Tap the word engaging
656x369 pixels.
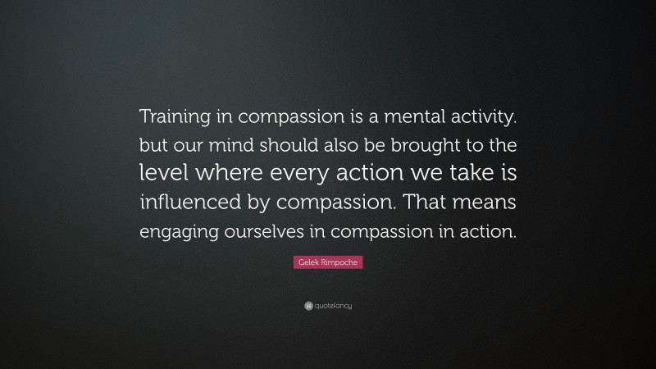(175, 232)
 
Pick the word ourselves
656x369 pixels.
(267, 232)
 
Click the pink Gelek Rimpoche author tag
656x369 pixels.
(327, 263)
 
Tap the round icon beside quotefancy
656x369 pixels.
(307, 305)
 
